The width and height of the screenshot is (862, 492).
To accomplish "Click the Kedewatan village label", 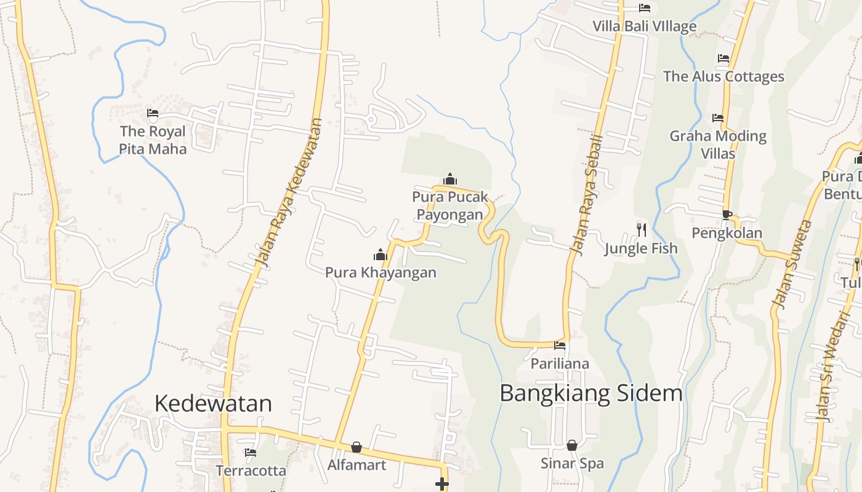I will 213,403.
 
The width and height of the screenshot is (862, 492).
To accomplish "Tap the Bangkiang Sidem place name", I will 590,393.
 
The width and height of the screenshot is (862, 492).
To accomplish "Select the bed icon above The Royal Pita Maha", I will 153,113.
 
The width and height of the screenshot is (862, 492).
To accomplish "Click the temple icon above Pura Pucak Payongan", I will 450,179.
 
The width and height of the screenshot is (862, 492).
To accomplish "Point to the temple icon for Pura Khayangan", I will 381,255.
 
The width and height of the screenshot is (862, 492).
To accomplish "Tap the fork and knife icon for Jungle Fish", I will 641,230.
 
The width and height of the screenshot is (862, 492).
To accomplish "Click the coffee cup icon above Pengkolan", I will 727,215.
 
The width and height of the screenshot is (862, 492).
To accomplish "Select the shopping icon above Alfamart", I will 356,447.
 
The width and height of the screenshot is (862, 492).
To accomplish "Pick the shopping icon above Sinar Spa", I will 572,445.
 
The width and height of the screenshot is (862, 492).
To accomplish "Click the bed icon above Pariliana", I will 560,346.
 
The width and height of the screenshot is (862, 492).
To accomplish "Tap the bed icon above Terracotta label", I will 251,453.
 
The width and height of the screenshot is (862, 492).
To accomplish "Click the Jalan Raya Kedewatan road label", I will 289,192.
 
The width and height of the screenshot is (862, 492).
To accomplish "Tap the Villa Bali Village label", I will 644,26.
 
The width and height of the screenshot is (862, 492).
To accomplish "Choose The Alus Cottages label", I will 723,77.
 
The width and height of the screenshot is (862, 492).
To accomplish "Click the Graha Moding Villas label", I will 718,144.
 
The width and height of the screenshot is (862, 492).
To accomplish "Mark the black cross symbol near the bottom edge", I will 441,485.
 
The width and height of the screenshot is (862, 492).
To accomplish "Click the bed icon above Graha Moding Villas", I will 718,117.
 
